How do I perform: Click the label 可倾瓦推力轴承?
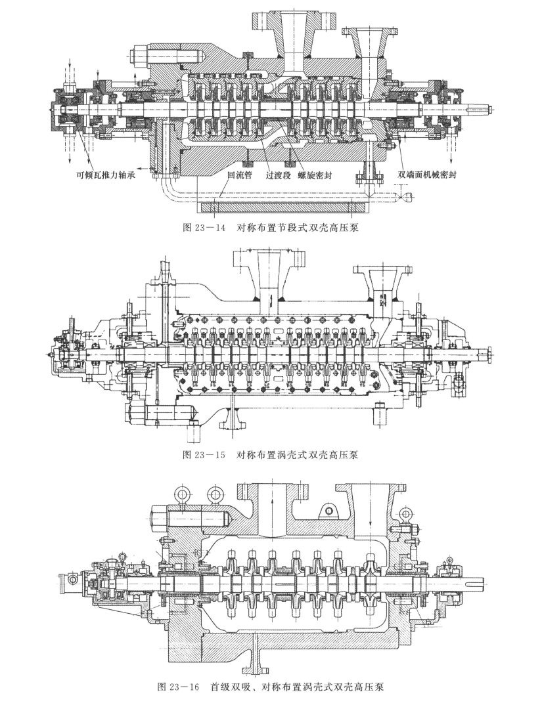click(106, 175)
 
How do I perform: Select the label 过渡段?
click(277, 175)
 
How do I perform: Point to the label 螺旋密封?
click(315, 175)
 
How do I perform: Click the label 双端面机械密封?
click(426, 175)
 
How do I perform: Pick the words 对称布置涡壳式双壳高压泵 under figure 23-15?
click(298, 454)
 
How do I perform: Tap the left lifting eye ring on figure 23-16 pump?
click(181, 492)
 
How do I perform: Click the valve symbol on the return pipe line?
click(405, 197)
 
